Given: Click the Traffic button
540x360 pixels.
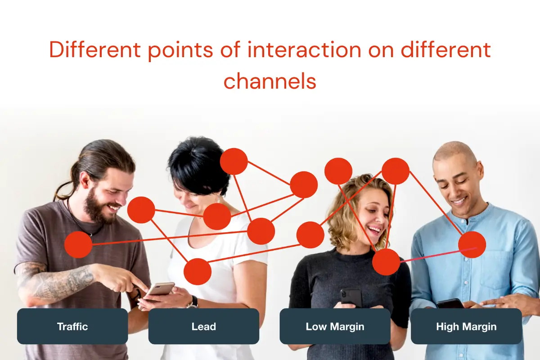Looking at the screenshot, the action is click(x=72, y=326).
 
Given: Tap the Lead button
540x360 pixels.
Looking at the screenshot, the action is click(x=204, y=326).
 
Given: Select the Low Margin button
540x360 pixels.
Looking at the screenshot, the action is click(x=335, y=326).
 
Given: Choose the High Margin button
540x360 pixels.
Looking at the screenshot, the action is click(x=466, y=326).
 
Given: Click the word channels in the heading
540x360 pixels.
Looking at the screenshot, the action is click(x=270, y=81).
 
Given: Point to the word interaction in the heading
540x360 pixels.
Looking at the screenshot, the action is click(x=305, y=50).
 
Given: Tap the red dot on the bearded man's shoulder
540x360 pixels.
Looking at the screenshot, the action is click(x=78, y=244).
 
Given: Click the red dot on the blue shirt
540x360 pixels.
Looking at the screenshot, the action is click(x=472, y=244).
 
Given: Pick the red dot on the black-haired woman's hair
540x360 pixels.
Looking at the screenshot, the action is click(x=234, y=161).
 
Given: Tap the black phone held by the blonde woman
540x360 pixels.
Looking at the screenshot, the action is click(x=351, y=298).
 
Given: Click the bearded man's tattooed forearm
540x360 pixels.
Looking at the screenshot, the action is click(x=60, y=282).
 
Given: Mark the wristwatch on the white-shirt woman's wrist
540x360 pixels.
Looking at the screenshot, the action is click(x=193, y=302).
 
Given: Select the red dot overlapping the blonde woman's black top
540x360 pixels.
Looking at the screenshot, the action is click(x=386, y=262).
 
